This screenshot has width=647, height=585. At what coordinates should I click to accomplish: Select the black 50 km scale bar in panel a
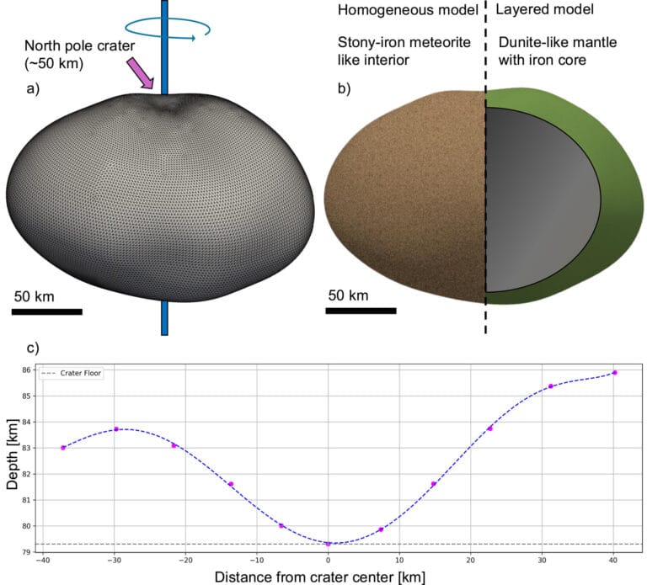[x=47, y=311]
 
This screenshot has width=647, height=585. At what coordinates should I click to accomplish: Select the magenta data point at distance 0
[x=329, y=544]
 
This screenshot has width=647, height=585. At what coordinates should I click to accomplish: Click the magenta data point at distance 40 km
[x=615, y=372]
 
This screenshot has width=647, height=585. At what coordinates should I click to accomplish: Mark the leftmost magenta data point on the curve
[x=63, y=447]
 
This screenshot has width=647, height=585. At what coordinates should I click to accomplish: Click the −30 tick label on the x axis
[x=115, y=562]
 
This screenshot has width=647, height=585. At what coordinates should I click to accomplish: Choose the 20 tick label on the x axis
[x=471, y=562]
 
